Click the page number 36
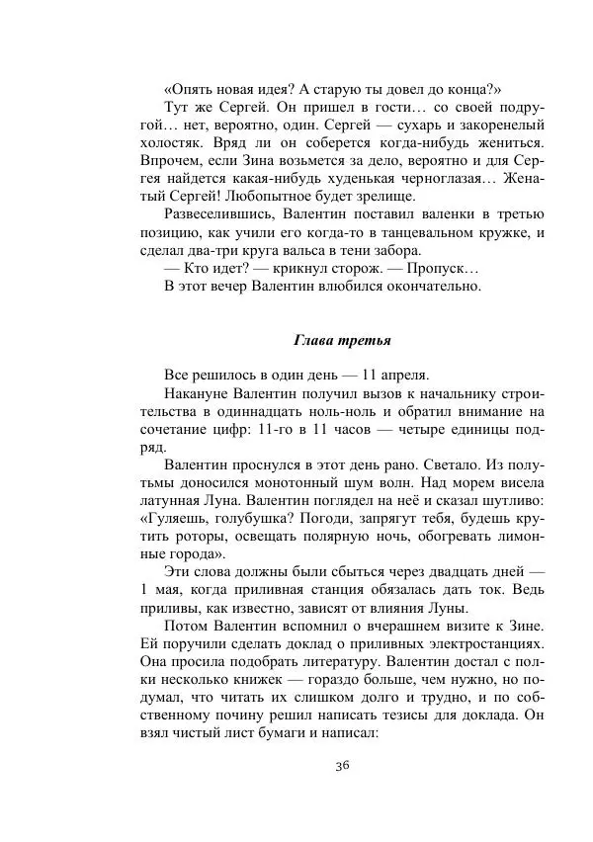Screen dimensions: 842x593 tap(342, 766)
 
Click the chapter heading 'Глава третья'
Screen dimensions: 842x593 tap(343, 341)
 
